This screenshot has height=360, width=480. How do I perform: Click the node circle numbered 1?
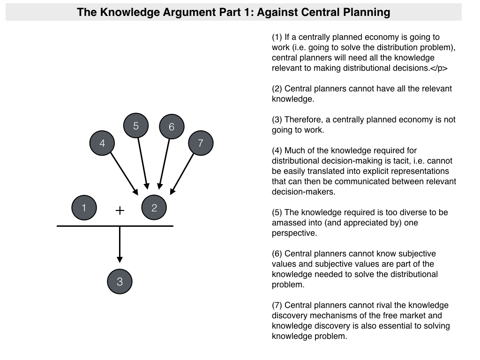coord(84,208)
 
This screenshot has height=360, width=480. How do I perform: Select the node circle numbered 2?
coord(154,208)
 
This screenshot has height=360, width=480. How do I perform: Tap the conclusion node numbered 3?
coord(120,282)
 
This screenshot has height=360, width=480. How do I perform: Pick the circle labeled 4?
coord(102,143)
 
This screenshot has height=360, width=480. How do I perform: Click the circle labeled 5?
coord(136,126)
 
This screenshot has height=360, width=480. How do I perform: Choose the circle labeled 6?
coord(172,127)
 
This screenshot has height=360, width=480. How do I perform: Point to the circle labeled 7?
coord(201,143)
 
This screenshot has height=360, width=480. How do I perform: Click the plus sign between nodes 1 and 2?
coord(120,210)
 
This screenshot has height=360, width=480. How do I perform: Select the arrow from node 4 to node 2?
coord(125,174)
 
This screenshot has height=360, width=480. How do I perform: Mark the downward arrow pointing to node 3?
coord(120,244)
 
